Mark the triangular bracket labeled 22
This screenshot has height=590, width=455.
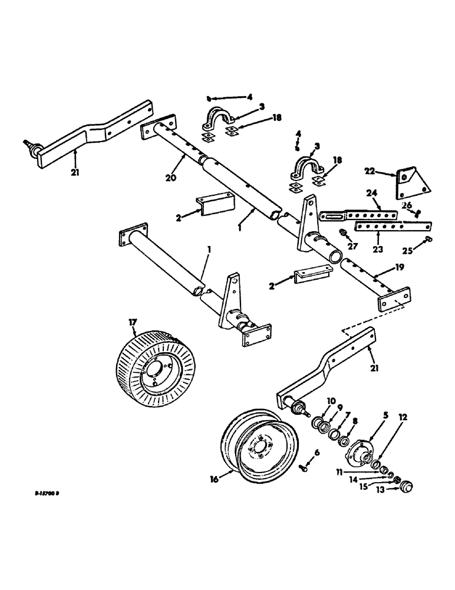(412, 182)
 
